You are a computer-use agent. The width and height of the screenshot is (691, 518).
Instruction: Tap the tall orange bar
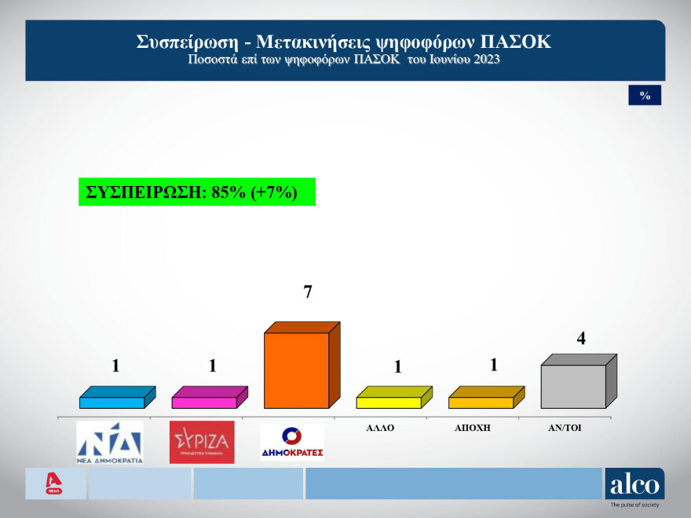point(296,370)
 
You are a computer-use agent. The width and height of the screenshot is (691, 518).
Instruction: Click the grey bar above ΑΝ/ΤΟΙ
point(573,385)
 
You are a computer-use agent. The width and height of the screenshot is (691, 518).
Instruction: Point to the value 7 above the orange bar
point(308,293)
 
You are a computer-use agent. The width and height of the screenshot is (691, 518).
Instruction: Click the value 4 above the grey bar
point(581,339)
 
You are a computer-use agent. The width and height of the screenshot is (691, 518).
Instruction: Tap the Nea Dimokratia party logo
point(109,443)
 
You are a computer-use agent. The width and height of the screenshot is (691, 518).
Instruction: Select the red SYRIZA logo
point(202,443)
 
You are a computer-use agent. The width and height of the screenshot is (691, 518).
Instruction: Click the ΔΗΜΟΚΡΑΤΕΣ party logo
point(292,443)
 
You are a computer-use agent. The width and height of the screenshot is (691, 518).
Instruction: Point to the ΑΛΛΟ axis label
point(380,429)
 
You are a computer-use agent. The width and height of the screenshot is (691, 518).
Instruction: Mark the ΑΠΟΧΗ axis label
point(473,429)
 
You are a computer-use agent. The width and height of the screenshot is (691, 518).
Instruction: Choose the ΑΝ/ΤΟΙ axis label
point(565,429)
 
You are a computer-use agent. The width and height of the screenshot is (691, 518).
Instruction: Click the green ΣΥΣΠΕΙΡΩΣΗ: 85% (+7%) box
point(196,192)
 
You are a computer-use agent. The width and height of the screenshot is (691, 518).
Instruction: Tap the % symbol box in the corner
point(645,96)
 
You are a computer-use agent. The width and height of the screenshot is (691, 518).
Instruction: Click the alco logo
point(634,484)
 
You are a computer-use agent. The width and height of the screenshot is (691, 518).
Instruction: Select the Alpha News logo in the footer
point(54,483)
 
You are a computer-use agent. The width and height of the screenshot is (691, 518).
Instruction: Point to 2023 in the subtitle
point(485,60)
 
